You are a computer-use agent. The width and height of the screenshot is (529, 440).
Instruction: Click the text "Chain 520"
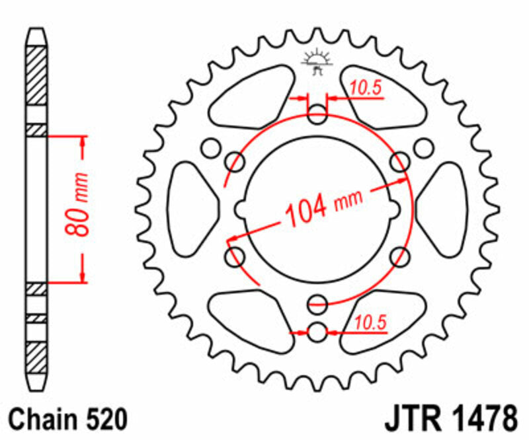(x=66, y=419)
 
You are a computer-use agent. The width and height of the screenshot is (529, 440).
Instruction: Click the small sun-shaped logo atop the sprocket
(x=317, y=61)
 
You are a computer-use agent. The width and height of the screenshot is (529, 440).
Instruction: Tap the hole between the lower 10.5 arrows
(x=317, y=332)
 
